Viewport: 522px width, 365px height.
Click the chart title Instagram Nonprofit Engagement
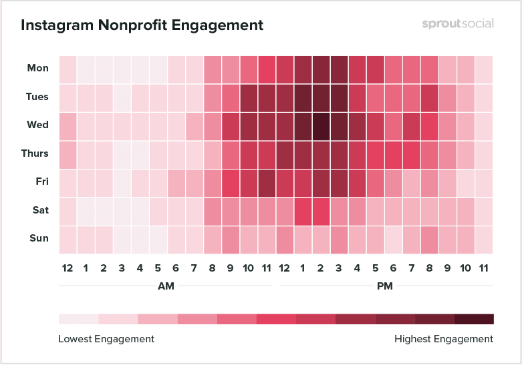click(x=142, y=25)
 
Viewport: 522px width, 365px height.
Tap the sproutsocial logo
click(x=458, y=23)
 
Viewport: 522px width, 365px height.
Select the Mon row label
click(x=37, y=68)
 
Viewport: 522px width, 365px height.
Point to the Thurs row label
click(x=35, y=153)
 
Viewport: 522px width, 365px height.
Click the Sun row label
click(x=39, y=238)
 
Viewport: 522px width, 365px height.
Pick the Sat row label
click(x=39, y=210)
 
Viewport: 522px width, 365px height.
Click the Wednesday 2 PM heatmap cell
click(x=320, y=125)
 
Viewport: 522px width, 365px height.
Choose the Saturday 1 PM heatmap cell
click(x=302, y=210)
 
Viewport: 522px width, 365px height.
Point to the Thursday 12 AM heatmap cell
click(x=68, y=153)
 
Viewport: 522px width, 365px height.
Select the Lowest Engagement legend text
click(x=106, y=339)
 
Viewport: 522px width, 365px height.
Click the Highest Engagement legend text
click(x=444, y=339)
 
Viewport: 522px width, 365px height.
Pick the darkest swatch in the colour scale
click(x=474, y=319)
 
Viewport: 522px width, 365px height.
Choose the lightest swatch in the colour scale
click(x=78, y=319)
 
